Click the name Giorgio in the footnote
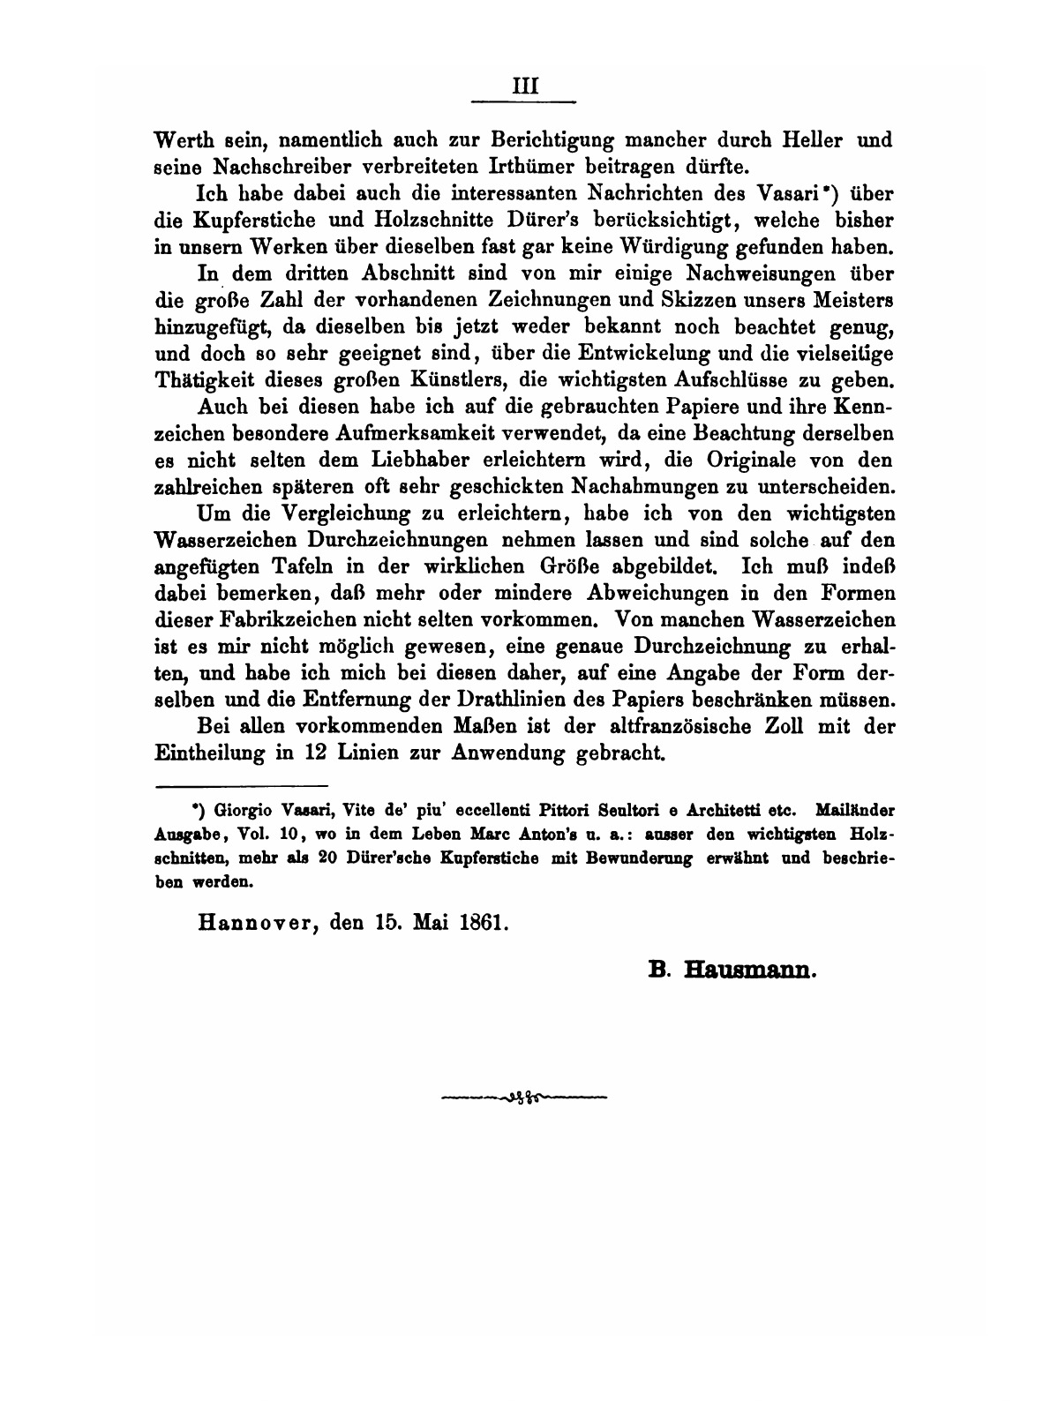point(240,808)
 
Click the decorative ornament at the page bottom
point(524,1098)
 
